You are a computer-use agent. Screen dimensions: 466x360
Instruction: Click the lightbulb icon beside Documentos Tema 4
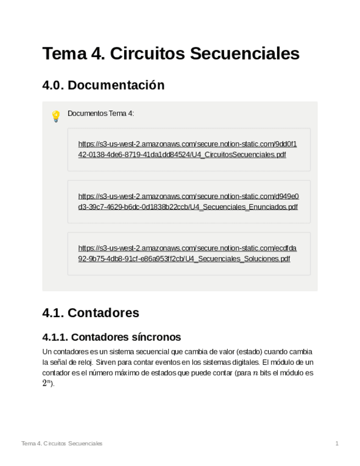(x=56, y=116)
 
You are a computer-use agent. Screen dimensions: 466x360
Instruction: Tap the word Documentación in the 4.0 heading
(x=116, y=85)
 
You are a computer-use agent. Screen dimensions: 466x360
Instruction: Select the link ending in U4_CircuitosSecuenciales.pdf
(x=187, y=149)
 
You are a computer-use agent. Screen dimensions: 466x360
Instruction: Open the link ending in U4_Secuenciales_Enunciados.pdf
(x=188, y=202)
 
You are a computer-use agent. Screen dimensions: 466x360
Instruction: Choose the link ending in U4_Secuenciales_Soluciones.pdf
(x=187, y=253)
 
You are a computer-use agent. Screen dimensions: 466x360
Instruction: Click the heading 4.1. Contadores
(x=91, y=313)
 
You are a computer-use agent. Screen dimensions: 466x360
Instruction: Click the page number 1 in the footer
(x=337, y=443)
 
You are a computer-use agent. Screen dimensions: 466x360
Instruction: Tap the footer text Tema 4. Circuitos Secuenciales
(x=62, y=443)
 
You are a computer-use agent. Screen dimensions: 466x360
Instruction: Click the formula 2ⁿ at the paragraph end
(x=47, y=384)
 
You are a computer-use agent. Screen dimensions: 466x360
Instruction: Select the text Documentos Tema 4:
(x=101, y=113)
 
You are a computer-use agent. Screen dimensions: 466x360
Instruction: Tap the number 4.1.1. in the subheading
(x=55, y=337)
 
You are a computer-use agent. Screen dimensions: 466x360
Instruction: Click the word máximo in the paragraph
(x=123, y=373)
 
